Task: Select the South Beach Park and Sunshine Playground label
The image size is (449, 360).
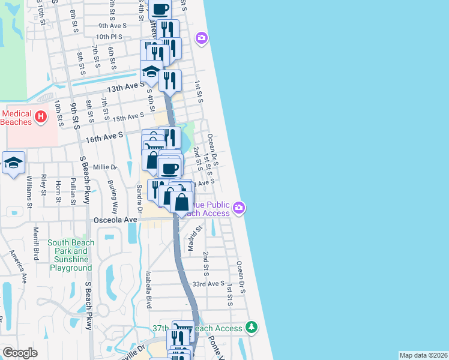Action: [x=70, y=256]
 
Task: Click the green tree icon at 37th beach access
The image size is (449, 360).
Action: [x=252, y=328]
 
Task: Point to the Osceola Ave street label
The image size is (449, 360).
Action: [x=115, y=220]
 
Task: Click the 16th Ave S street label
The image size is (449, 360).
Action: [x=104, y=137]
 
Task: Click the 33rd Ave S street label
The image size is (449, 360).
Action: [x=208, y=284]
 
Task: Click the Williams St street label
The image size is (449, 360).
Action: [x=29, y=191]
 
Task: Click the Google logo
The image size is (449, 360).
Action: [x=20, y=353]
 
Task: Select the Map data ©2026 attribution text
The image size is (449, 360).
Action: [x=423, y=355]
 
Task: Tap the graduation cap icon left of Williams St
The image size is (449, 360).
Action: [x=13, y=163]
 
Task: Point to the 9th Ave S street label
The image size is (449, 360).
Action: [x=113, y=26]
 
